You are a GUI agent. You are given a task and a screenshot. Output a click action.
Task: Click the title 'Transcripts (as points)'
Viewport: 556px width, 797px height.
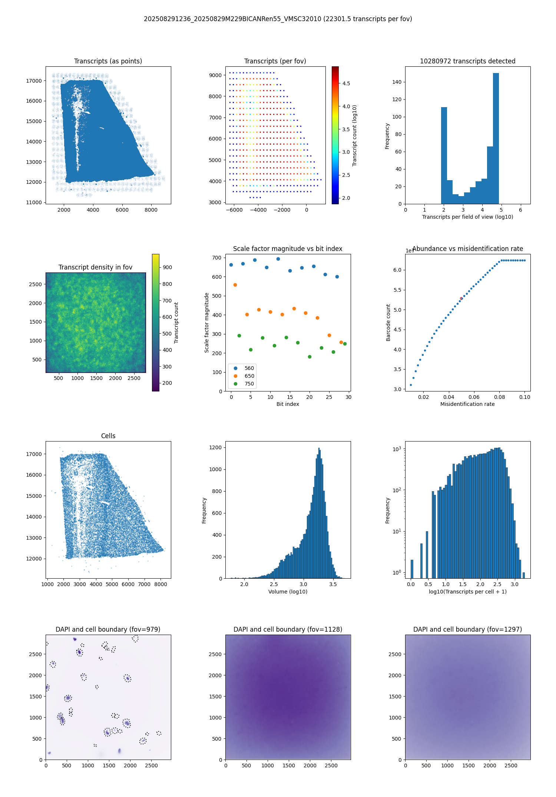point(108,61)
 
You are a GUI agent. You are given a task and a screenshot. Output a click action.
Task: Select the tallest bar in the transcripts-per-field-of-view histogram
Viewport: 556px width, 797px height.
point(496,138)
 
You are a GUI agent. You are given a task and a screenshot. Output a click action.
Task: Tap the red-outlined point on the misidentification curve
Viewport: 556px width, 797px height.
point(461,298)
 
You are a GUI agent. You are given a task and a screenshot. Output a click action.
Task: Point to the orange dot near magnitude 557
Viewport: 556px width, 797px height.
point(235,285)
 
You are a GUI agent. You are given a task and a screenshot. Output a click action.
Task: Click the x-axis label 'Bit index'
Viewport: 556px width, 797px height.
point(288,404)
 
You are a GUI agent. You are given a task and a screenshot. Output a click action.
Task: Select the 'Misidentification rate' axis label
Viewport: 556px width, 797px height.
point(467,404)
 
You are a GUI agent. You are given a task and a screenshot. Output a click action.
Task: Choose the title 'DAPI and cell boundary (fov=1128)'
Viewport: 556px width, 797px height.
point(288,629)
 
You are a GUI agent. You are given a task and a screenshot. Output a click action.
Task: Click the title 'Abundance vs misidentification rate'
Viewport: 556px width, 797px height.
point(467,249)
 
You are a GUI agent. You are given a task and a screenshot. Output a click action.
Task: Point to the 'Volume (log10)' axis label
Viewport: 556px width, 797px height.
point(288,592)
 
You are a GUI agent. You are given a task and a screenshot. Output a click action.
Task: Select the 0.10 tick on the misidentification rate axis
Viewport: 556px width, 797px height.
point(524,397)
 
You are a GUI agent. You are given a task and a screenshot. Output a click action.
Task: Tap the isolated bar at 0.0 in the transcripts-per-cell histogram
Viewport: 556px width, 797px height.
point(411,569)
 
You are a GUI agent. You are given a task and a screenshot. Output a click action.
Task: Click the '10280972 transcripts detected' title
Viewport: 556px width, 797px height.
point(467,61)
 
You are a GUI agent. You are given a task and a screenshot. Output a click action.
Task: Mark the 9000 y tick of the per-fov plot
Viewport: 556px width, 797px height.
point(215,75)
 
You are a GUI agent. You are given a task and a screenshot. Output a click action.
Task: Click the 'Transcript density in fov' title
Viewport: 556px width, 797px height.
point(95,267)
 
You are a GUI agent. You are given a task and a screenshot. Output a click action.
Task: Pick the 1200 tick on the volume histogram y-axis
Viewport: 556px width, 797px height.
point(215,447)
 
